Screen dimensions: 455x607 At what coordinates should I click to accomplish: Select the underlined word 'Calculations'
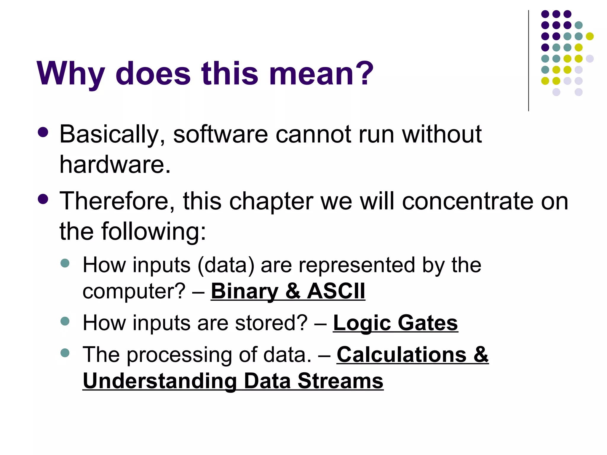pyautogui.click(x=402, y=355)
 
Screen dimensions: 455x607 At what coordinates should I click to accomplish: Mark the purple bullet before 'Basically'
pyautogui.click(x=43, y=132)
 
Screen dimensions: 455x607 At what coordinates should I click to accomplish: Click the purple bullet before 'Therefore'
pyautogui.click(x=43, y=199)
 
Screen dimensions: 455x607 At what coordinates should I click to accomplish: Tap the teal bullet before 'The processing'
pyautogui.click(x=65, y=353)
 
